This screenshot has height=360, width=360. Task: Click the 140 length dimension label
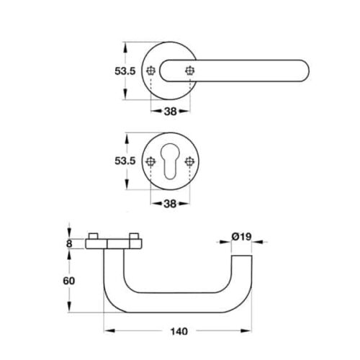(x=179, y=331)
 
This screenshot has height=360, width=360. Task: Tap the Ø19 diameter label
(x=241, y=237)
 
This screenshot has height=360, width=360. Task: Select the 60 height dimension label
(x=69, y=281)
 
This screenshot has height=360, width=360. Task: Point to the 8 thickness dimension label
(x=69, y=244)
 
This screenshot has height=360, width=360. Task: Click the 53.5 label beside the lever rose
(x=125, y=71)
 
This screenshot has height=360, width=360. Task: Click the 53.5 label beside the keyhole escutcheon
(x=125, y=161)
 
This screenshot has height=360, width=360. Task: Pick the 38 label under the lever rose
(x=170, y=111)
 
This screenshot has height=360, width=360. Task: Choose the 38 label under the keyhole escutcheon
(x=170, y=204)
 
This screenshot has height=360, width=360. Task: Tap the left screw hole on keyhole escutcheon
(x=150, y=161)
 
